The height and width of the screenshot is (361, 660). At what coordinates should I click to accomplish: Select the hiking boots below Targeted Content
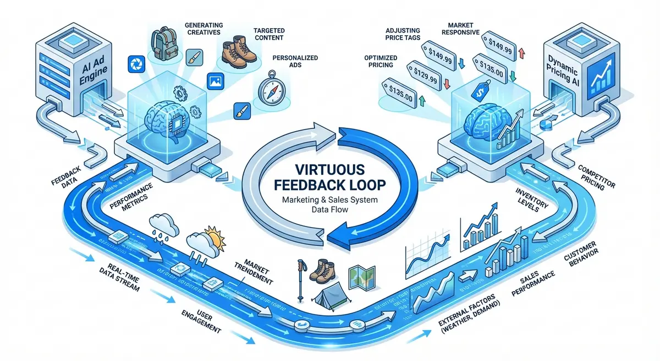pyautogui.click(x=238, y=49)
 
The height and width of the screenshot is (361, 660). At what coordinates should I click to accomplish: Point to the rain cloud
pyautogui.click(x=166, y=223)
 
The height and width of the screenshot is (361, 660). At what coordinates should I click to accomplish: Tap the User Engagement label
pyautogui.click(x=201, y=321)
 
